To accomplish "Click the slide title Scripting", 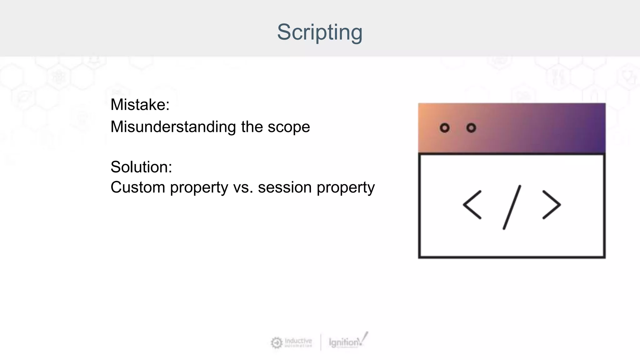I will [320, 32].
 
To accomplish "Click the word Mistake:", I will [140, 105].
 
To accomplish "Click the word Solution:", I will [141, 167].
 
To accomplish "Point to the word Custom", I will [137, 187].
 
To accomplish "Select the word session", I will [284, 188].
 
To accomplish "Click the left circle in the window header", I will [444, 128].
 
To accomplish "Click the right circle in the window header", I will [471, 128].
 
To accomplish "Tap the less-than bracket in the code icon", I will [472, 205].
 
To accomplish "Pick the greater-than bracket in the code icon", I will [552, 205].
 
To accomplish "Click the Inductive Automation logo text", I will [298, 342].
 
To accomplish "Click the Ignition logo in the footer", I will [347, 342].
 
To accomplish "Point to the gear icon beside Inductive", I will [276, 343].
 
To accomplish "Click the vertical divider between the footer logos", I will [321, 342].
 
